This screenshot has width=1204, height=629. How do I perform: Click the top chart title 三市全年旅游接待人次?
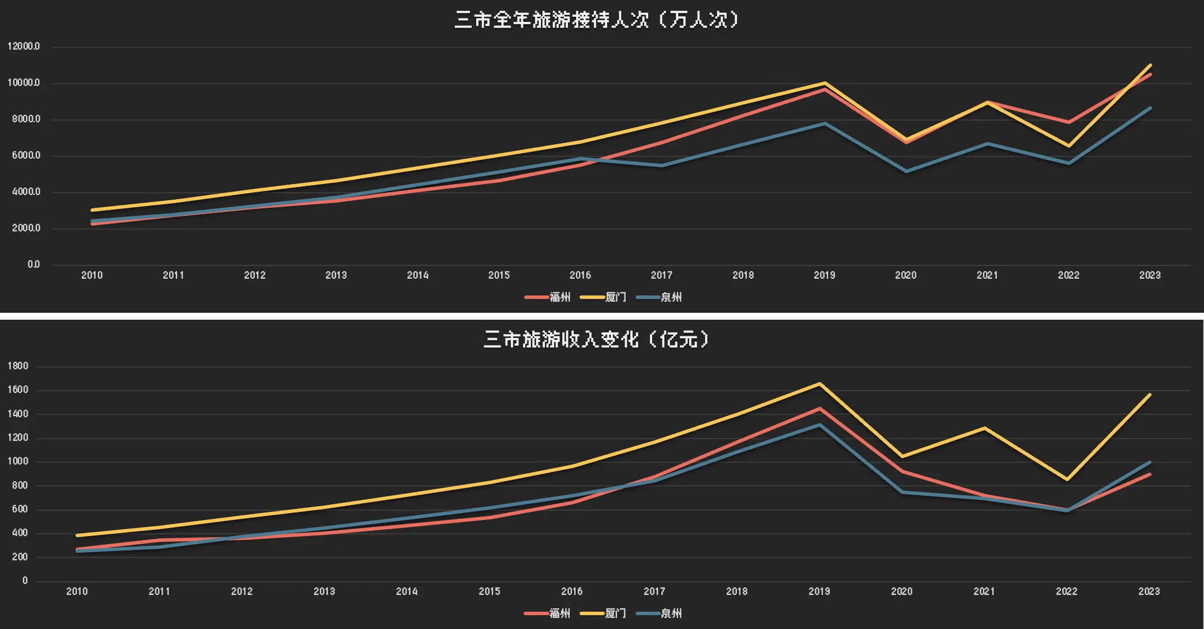[x=596, y=20]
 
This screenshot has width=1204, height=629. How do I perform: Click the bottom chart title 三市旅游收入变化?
[x=596, y=339]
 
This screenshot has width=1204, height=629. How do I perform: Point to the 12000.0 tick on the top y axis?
[x=24, y=47]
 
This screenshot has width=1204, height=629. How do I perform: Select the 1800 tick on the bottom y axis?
[x=18, y=366]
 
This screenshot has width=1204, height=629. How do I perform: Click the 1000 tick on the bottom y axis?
[x=18, y=462]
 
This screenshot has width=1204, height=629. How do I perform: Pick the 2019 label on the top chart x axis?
[x=824, y=275]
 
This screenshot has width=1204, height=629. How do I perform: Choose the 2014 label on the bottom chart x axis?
[x=407, y=591]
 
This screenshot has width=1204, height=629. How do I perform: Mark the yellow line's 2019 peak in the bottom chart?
[x=819, y=384]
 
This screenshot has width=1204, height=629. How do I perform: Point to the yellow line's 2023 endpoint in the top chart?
[x=1150, y=65]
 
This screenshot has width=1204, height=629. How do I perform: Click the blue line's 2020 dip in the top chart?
[x=906, y=171]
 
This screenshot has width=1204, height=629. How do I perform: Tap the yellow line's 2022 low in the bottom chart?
[x=1067, y=480]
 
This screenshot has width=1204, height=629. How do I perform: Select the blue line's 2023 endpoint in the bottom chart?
[x=1150, y=462]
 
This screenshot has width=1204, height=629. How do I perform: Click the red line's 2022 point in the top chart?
[x=1068, y=122]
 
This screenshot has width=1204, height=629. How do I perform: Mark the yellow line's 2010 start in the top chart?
[x=92, y=210]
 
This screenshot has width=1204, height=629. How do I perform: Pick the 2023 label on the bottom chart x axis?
[x=1149, y=591]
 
